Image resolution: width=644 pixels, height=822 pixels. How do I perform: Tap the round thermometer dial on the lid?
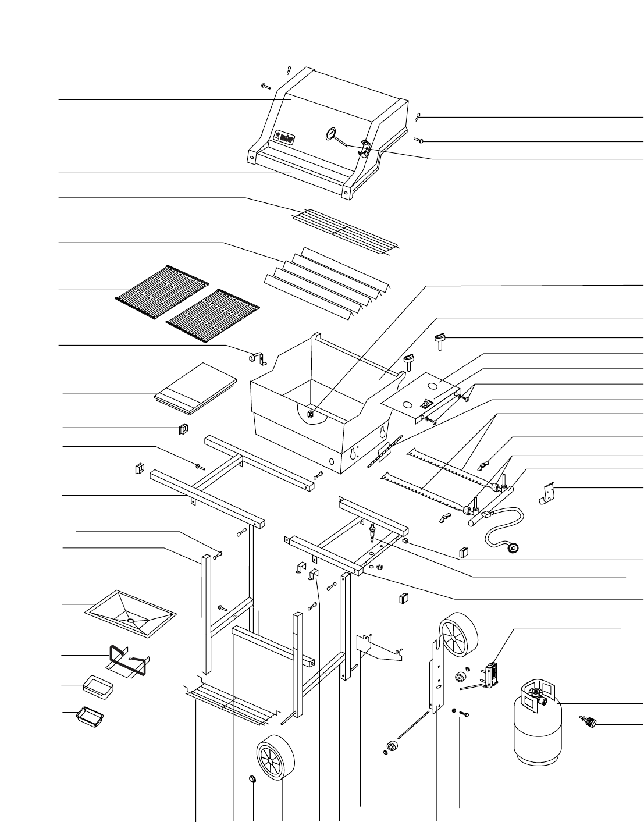click(x=330, y=134)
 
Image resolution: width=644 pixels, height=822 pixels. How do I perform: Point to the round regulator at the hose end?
click(x=514, y=547)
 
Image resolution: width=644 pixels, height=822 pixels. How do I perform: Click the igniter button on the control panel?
click(x=428, y=401)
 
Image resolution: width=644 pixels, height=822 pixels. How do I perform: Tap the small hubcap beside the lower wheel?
click(x=252, y=779)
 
